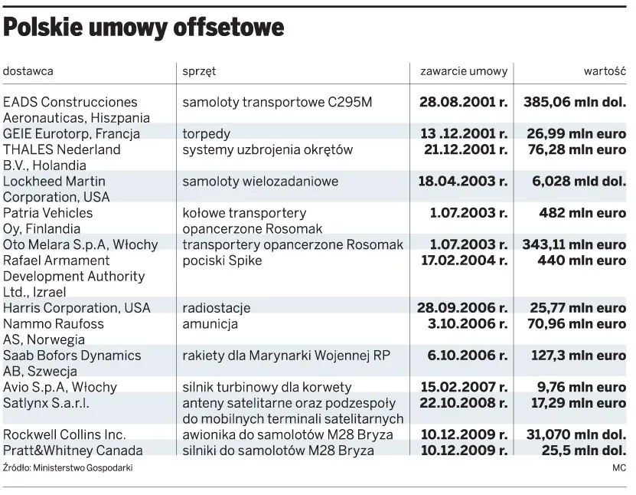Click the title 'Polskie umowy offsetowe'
(144, 28)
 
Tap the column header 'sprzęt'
(199, 71)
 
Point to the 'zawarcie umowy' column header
(463, 71)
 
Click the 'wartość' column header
(605, 71)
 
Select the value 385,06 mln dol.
(574, 102)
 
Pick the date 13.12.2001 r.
(465, 134)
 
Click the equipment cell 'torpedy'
(206, 134)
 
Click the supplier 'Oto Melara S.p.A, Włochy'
(80, 244)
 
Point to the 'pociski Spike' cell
(222, 261)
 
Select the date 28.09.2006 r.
(462, 308)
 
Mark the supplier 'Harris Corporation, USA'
(77, 308)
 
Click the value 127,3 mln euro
(576, 356)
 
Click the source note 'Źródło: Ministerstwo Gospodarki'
(67, 467)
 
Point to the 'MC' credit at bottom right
(619, 467)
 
